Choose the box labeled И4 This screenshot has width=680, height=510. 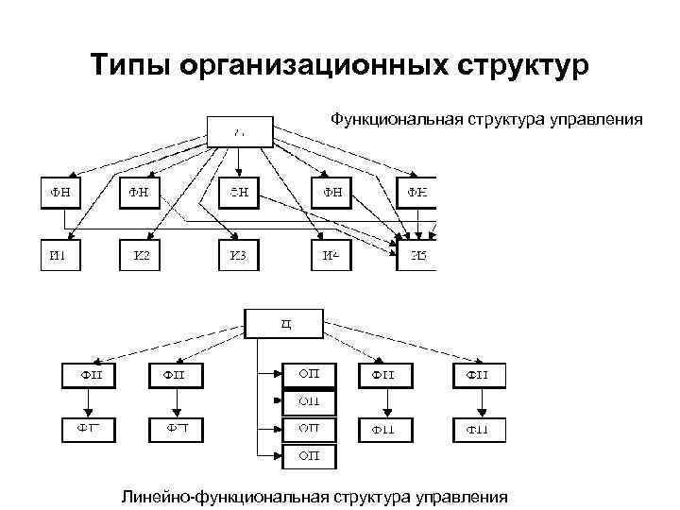[335, 254]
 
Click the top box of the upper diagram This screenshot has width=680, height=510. [240, 132]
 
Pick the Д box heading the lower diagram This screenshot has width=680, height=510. [284, 323]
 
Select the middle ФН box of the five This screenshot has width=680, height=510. [240, 192]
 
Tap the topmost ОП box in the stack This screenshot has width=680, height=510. [310, 374]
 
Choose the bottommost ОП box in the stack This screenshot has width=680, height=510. [310, 456]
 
